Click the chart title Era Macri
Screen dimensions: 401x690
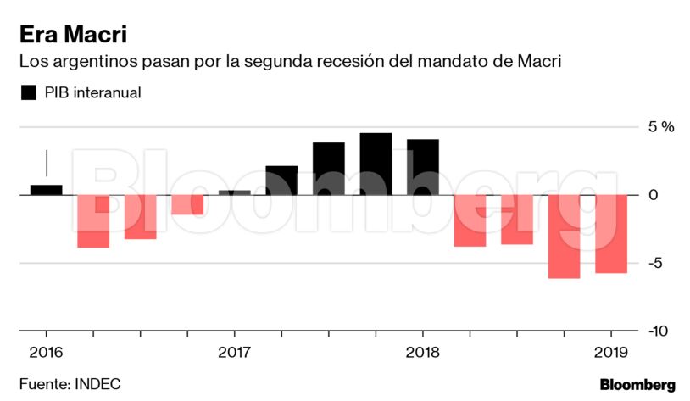[x=74, y=35]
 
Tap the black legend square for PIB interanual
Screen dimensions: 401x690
[x=29, y=93]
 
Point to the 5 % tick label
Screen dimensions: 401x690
[x=661, y=127]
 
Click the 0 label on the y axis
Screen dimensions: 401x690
[x=654, y=195]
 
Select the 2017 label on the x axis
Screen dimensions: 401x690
[x=234, y=351]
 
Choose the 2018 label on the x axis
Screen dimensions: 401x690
[x=422, y=351]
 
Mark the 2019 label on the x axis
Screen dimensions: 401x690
[x=610, y=351]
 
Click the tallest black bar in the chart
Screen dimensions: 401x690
[x=376, y=164]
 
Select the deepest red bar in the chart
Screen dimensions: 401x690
[x=564, y=237]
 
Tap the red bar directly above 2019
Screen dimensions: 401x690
[x=610, y=234]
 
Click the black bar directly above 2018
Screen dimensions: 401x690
[x=422, y=167]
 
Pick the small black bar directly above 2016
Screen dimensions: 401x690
[x=46, y=190]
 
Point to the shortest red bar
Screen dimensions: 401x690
[x=187, y=204]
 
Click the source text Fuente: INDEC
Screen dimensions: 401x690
[x=70, y=384]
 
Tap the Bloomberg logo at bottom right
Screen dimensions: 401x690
[x=637, y=384]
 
